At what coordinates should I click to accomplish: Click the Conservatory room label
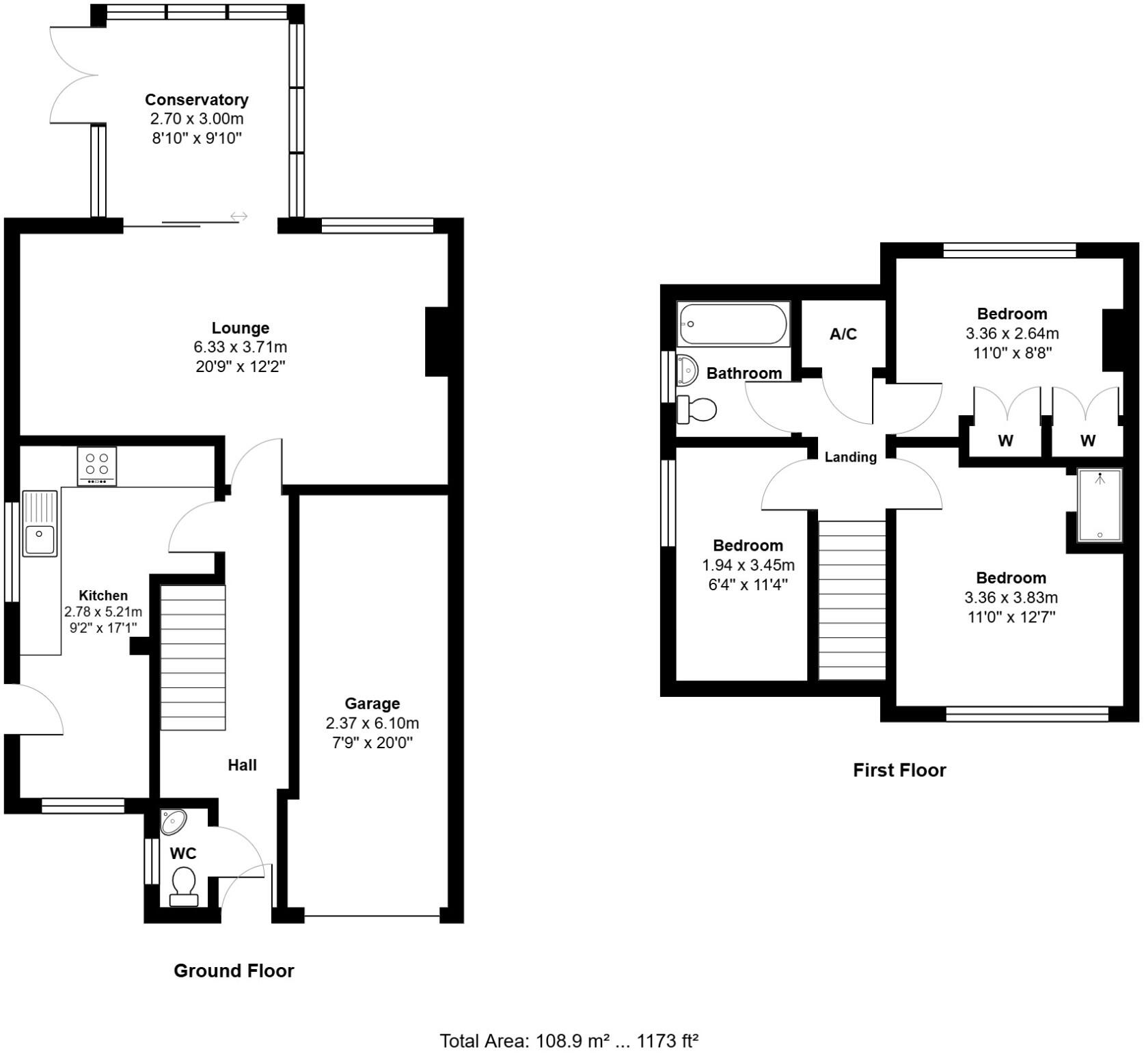click(x=196, y=100)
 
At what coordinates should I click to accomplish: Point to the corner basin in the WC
click(x=173, y=821)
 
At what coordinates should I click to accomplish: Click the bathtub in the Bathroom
click(x=733, y=324)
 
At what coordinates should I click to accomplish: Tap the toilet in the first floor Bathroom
click(x=697, y=410)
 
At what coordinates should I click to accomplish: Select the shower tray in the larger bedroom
click(x=1100, y=505)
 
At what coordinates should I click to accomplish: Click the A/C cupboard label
click(x=843, y=334)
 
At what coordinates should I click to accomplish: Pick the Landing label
click(x=850, y=457)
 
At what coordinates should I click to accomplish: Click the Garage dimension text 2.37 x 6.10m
click(x=372, y=723)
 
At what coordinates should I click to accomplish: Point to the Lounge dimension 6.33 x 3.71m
click(x=240, y=347)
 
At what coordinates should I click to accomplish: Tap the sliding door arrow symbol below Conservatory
click(x=239, y=217)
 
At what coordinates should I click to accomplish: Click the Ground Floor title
click(x=234, y=971)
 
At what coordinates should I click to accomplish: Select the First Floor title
click(x=899, y=770)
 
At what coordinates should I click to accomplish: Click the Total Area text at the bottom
click(x=569, y=1041)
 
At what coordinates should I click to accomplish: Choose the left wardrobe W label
click(x=1005, y=441)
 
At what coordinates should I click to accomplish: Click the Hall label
click(x=242, y=765)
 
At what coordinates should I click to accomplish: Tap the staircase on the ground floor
click(x=193, y=657)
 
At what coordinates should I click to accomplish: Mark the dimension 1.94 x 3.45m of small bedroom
click(x=748, y=565)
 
